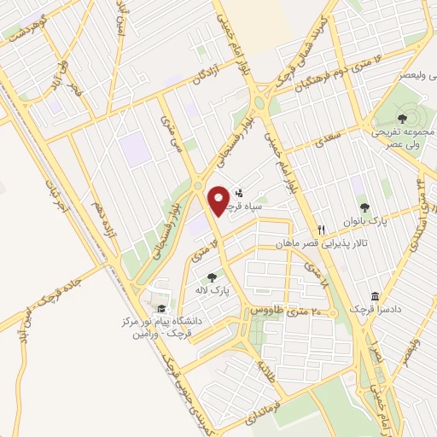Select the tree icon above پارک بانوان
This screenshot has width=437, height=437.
[365, 207]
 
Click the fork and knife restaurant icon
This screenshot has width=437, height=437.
[321, 230]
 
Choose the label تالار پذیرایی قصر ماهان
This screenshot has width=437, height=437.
[315, 243]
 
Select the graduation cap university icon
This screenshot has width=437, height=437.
[160, 309]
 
